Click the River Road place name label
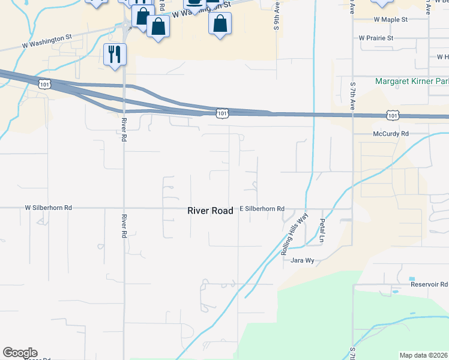point(209,211)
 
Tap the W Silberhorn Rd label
point(48,208)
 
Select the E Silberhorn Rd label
point(262,209)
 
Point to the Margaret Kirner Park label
point(412,81)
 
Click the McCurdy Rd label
point(390,134)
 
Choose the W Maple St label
point(390,20)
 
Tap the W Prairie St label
point(376,38)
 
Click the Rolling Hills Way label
point(294,234)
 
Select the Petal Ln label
point(322,231)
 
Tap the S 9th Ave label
point(277,15)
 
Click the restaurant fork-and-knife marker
point(114,54)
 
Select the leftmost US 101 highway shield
point(44,84)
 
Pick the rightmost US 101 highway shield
point(392,114)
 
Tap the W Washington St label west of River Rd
point(47,41)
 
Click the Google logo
point(20,353)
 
